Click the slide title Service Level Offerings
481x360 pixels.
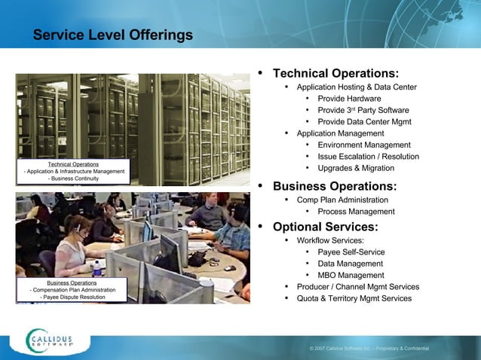[x=112, y=35]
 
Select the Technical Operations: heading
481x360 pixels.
[x=335, y=74]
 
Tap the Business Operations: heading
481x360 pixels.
[x=334, y=186]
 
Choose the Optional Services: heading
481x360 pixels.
[x=325, y=227]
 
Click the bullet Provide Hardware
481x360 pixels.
[x=349, y=99]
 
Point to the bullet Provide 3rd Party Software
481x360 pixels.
[x=363, y=110]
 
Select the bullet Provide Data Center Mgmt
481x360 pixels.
[x=364, y=121]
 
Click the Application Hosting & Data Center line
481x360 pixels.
[x=357, y=87]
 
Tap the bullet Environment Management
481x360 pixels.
[x=364, y=145]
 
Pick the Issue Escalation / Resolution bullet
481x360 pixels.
[x=368, y=157]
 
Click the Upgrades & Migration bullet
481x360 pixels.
[x=356, y=168]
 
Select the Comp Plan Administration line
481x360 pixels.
[x=342, y=200]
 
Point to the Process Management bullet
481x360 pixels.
[x=356, y=212]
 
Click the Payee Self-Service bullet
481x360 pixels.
[x=351, y=252]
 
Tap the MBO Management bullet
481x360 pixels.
[x=351, y=275]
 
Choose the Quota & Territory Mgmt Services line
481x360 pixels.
[x=354, y=298]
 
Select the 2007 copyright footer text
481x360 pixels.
[x=369, y=349]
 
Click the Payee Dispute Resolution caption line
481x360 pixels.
[x=72, y=297]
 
